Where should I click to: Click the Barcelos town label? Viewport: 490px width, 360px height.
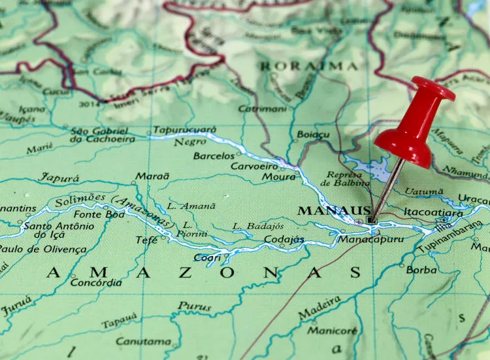pyautogui.click(x=213, y=156)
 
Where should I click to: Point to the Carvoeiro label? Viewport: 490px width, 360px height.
pyautogui.click(x=253, y=166)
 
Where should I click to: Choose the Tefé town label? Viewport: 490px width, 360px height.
pyautogui.click(x=146, y=240)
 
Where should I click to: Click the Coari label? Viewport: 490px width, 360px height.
pyautogui.click(x=207, y=257)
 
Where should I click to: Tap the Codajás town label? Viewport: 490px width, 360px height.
pyautogui.click(x=284, y=240)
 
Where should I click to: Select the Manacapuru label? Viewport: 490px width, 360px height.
pyautogui.click(x=370, y=239)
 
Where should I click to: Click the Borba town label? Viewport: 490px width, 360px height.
pyautogui.click(x=421, y=269)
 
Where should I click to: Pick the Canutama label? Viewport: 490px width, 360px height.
pyautogui.click(x=143, y=341)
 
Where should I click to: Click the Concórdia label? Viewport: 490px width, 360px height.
pyautogui.click(x=95, y=283)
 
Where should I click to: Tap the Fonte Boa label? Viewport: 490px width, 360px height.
pyautogui.click(x=99, y=214)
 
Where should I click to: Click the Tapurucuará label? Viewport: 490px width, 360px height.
pyautogui.click(x=184, y=130)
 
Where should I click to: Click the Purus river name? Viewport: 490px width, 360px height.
pyautogui.click(x=194, y=306)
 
